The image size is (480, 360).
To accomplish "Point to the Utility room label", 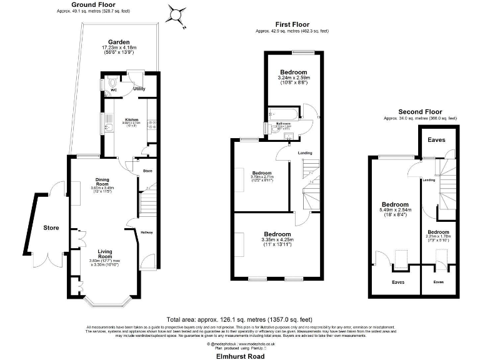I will click(139, 89).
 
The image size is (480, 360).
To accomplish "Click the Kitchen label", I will click(131, 119).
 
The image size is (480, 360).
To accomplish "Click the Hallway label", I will click(147, 234).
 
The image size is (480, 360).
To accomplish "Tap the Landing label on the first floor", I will click(304, 152).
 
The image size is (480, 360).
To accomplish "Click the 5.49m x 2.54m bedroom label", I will click(395, 204).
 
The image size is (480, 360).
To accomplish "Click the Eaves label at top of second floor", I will click(436, 139).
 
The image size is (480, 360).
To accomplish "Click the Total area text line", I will click(239, 318).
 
